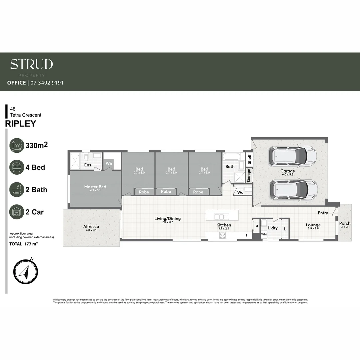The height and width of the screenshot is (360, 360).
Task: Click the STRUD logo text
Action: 31,64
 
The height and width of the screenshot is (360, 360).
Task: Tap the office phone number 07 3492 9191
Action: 47,83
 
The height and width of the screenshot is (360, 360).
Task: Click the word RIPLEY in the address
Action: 21,124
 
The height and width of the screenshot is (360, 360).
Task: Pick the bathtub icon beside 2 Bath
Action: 17,190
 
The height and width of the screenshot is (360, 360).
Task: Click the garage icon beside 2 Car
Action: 17,212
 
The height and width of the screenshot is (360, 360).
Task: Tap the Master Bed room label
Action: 95,187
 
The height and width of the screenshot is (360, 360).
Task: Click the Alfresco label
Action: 91,227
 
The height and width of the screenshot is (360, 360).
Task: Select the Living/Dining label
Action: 167,219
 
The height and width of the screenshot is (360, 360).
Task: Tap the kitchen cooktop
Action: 222,235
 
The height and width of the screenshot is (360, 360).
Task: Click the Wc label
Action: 240,192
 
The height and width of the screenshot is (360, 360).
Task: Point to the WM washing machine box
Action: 264,235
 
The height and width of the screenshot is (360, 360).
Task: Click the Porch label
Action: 345,223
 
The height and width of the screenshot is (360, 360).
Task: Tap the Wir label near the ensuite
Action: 109,163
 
